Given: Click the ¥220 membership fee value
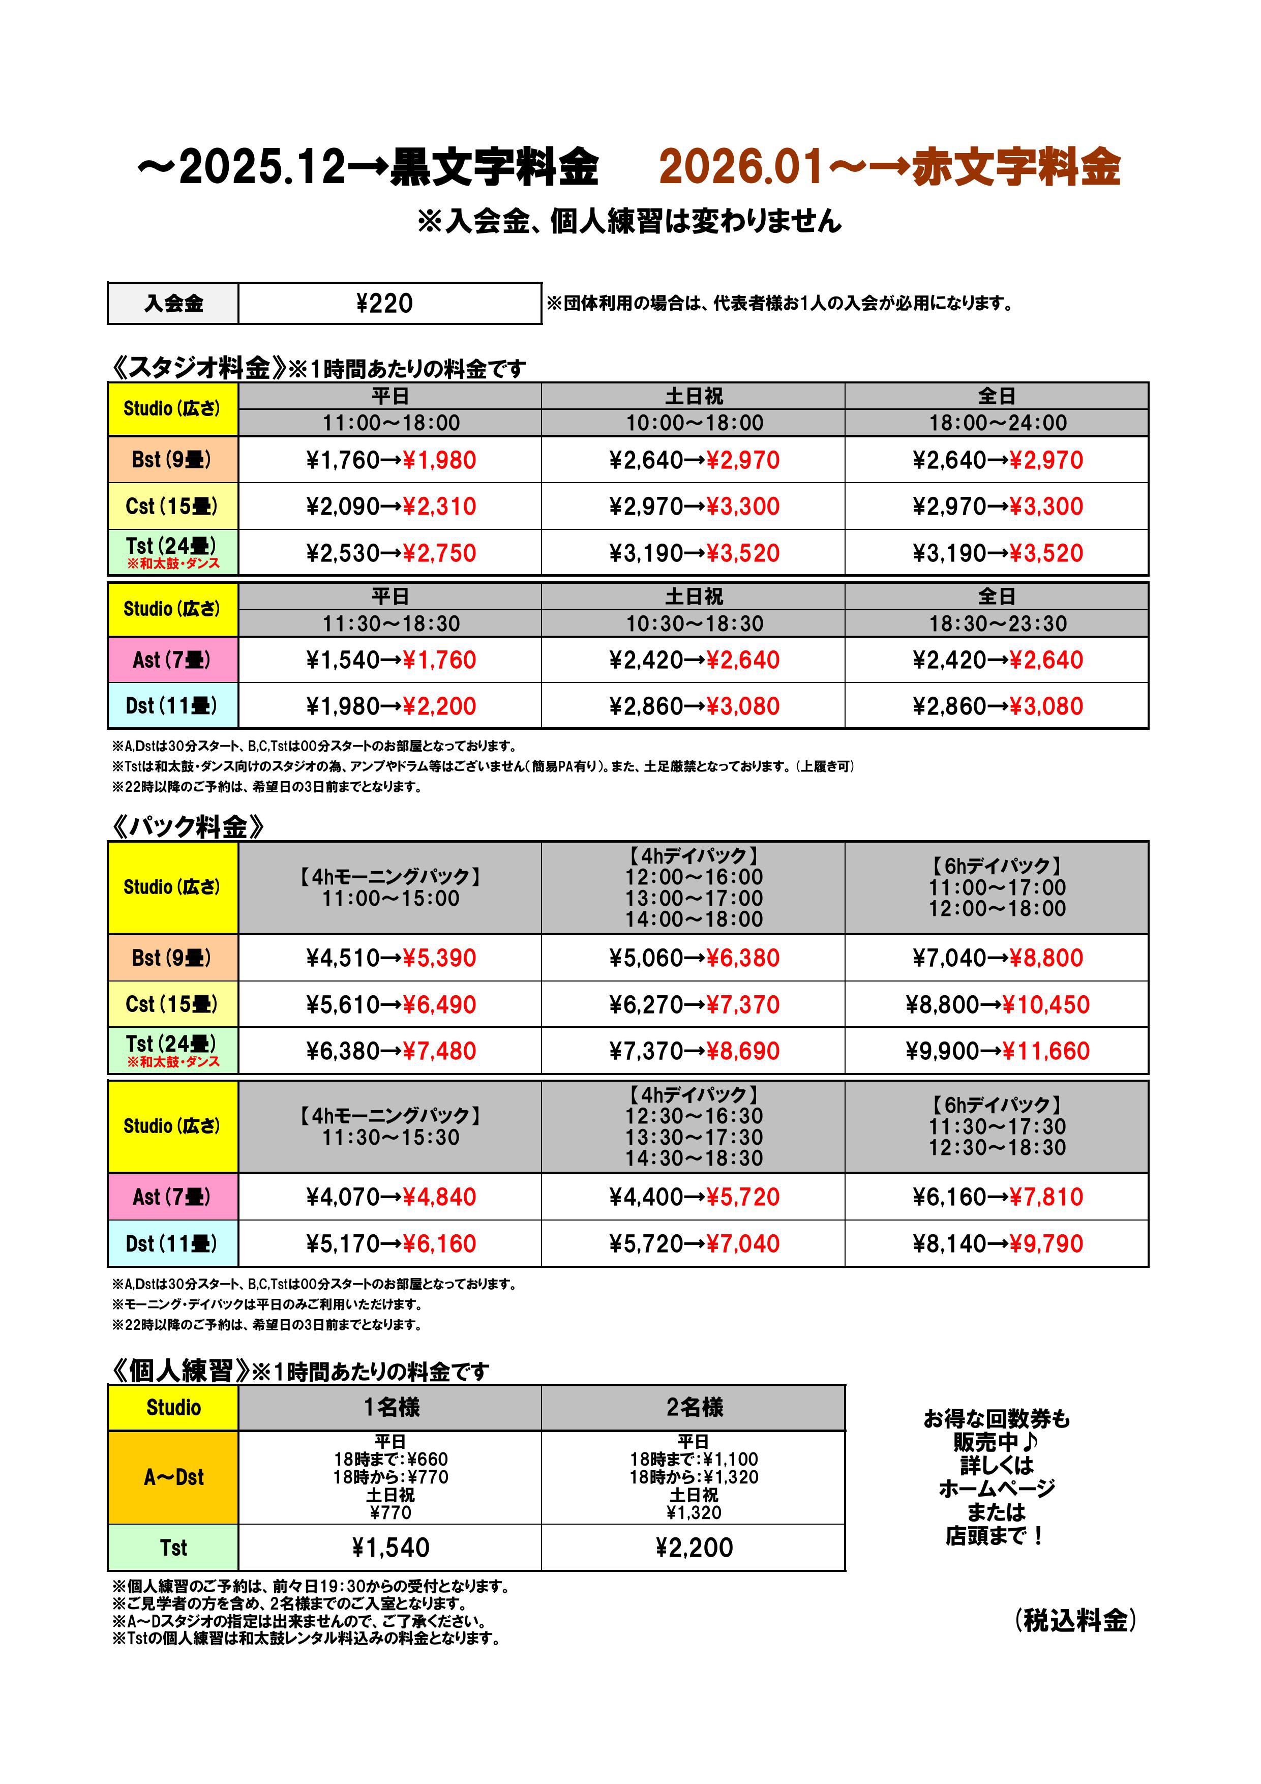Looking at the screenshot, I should point(384,303).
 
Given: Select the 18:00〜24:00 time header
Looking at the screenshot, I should point(998,423).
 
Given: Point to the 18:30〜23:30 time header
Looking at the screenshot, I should point(998,623).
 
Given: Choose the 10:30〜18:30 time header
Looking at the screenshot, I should point(694,623).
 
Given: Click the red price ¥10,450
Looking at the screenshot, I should point(1046,1005).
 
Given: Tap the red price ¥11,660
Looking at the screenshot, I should point(1046,1051).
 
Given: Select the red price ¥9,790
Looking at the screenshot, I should point(1046,1243).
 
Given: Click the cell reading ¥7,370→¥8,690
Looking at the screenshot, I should point(694,1051).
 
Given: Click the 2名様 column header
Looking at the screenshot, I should point(694,1407).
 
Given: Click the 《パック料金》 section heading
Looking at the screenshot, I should point(187,827).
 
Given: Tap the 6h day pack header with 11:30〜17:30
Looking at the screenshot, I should point(998,1126).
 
